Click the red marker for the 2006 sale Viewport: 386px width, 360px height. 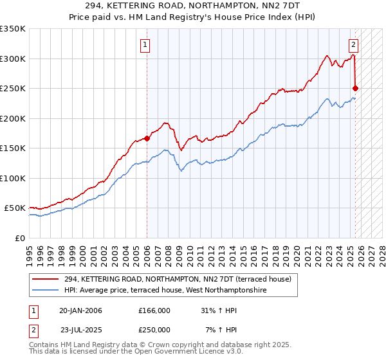coord(147,138)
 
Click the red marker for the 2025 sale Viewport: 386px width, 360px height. coord(356,88)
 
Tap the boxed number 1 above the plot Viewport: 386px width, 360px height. coord(147,45)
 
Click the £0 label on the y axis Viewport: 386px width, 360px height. coord(19,238)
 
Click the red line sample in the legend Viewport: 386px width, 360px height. coord(46,280)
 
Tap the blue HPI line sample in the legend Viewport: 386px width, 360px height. coord(46,291)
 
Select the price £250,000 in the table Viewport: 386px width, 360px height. coord(154,329)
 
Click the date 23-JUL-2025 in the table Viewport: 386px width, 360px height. coord(80,329)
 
